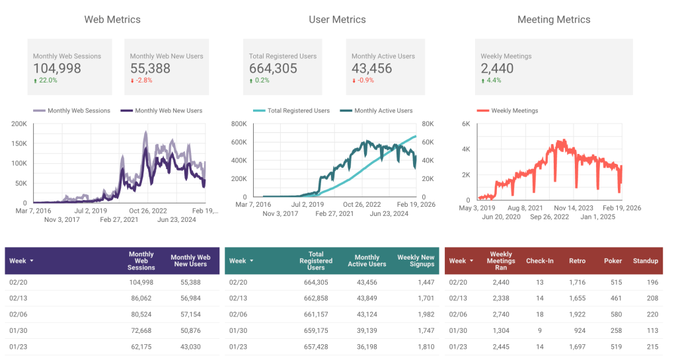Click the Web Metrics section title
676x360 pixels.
(112, 19)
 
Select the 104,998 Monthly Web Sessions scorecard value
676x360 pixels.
(57, 68)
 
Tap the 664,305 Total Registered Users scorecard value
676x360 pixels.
(273, 68)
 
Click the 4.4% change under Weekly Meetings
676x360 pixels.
(494, 81)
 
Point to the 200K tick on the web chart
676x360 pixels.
(19, 124)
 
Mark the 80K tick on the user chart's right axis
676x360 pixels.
(428, 124)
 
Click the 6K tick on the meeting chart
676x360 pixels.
(465, 124)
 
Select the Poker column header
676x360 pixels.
(613, 261)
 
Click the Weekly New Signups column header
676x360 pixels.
(416, 261)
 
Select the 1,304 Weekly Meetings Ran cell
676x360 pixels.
(500, 330)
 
